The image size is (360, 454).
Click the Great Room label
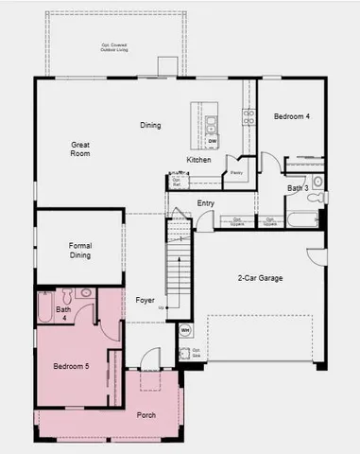80,148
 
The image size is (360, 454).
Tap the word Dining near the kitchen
150,125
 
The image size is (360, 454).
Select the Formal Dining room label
80,250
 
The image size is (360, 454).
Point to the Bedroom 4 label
291,116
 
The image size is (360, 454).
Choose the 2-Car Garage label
260,277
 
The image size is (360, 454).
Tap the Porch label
146,415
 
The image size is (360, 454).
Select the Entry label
205,203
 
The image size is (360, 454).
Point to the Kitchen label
198,160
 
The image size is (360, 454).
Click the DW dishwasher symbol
213,142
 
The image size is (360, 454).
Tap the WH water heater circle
185,330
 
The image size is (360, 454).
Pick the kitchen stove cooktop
249,116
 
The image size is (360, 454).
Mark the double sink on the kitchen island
213,121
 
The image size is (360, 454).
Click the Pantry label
237,173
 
